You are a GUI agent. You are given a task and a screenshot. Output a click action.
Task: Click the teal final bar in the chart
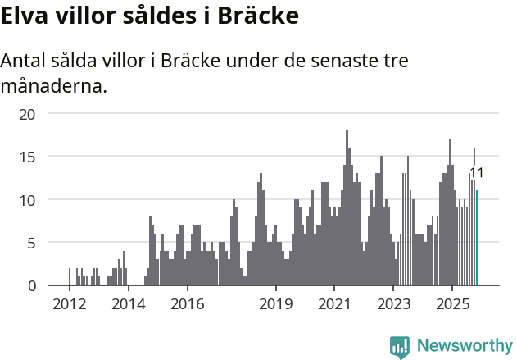click(478, 238)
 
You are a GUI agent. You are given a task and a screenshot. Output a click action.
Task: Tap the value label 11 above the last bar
click(476, 173)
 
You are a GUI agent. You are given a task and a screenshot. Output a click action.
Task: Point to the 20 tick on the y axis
click(28, 113)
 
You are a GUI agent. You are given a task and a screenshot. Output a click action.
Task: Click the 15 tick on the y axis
click(28, 156)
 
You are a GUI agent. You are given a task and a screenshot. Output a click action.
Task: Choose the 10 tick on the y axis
click(28, 199)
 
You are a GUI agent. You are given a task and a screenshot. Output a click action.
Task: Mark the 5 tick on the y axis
click(31, 243)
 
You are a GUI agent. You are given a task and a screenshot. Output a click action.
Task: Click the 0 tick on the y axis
click(31, 285)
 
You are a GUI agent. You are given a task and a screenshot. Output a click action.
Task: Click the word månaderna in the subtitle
click(54, 85)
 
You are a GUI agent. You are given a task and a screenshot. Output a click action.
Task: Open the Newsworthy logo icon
click(400, 347)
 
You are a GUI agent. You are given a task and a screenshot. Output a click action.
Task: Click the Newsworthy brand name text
click(464, 346)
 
